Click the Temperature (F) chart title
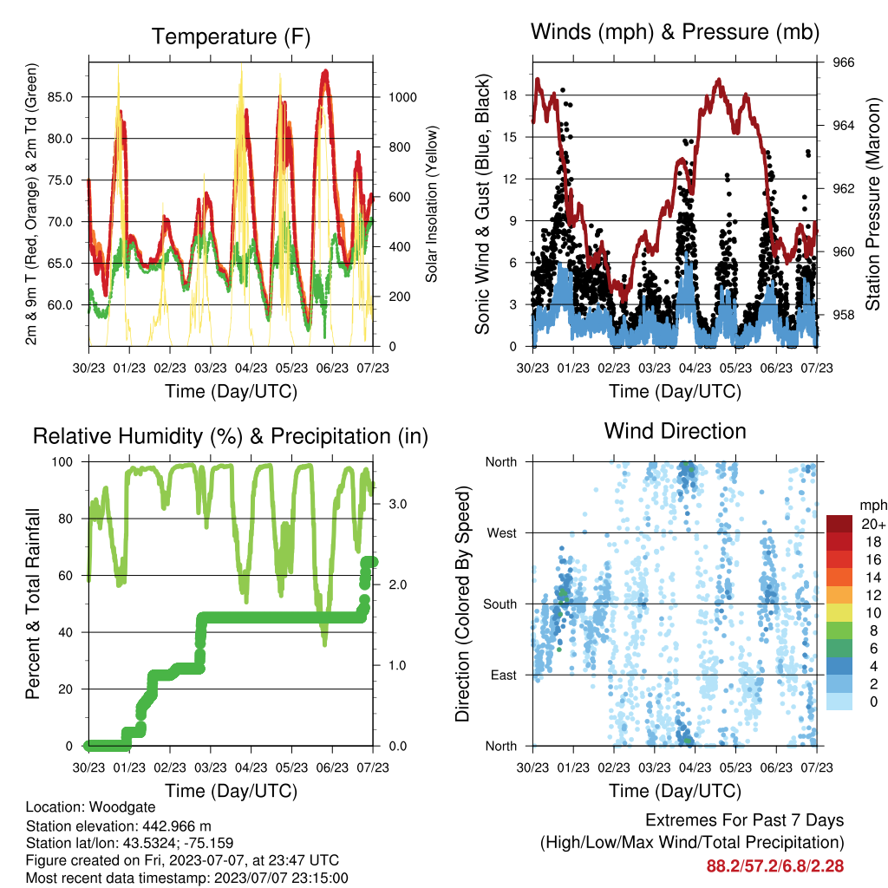tap(231, 36)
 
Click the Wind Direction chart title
tap(675, 431)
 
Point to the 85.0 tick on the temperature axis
tap(60, 97)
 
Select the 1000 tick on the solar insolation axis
tap(402, 97)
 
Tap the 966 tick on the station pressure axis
tap(843, 62)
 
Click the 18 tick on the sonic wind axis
tap(510, 95)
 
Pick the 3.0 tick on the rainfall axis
tap(397, 504)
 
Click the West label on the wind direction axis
tap(502, 533)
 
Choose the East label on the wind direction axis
tap(504, 675)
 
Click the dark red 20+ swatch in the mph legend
tap(839, 524)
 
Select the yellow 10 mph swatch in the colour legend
tap(839, 613)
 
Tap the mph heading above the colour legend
tap(872, 506)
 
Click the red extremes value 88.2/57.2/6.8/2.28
tap(775, 866)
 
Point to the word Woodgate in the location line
tap(122, 807)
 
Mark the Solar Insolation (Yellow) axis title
tap(432, 204)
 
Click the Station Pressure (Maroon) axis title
tap(872, 204)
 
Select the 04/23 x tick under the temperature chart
tap(251, 368)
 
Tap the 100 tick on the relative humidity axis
tap(62, 462)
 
